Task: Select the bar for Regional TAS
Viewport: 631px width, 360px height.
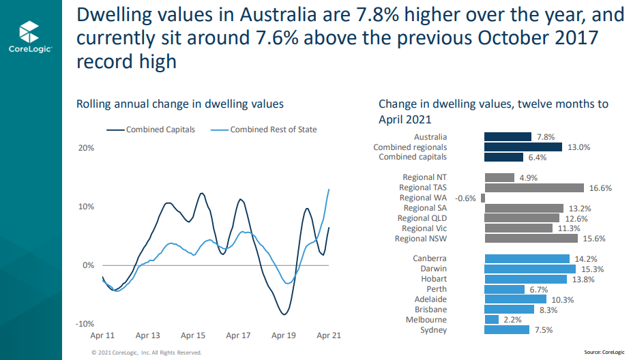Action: click(x=534, y=187)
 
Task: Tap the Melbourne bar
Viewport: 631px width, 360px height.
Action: click(x=492, y=319)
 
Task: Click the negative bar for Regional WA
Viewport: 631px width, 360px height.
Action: click(x=482, y=198)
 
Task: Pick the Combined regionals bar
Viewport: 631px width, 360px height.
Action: click(x=523, y=147)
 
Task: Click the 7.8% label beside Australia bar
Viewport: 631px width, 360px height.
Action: click(x=546, y=136)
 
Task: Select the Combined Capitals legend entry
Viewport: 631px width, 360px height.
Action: click(x=151, y=130)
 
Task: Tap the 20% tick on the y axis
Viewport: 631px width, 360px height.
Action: click(x=85, y=148)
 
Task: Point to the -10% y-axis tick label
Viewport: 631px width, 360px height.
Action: click(x=84, y=323)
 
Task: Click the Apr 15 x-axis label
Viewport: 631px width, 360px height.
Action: click(x=193, y=335)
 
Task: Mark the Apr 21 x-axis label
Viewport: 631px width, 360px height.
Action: click(x=329, y=335)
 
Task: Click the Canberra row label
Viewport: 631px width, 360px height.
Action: click(x=430, y=258)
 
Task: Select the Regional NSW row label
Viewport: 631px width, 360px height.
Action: click(x=421, y=239)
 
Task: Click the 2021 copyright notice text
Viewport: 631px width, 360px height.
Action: click(x=147, y=352)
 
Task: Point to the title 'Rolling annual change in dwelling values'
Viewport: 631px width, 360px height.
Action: click(x=180, y=104)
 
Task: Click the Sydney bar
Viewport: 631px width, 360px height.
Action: click(x=507, y=329)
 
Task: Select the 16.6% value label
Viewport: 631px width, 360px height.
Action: click(x=600, y=187)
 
